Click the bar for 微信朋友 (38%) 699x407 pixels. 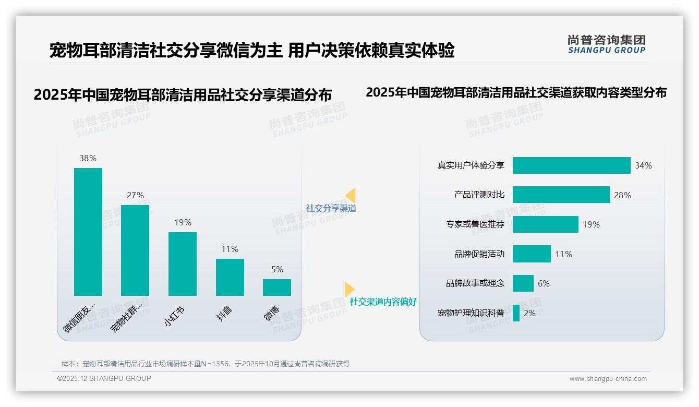point(88,232)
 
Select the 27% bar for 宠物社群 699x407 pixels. point(135,250)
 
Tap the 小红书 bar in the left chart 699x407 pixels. point(183,264)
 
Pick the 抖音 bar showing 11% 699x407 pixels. point(230,277)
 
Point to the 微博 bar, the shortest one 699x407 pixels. point(277,288)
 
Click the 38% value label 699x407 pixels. point(88,158)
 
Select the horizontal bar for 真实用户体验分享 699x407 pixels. point(571,165)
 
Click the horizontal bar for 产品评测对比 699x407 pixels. point(561,195)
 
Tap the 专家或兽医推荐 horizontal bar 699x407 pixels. point(545,224)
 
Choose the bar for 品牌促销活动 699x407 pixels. point(532,254)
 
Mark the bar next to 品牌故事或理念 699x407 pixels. point(523,283)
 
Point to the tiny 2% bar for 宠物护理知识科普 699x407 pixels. point(516,313)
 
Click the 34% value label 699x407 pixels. point(643,165)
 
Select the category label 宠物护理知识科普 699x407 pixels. point(471,313)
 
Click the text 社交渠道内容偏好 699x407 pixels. point(383,302)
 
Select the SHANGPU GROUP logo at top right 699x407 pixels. point(606,44)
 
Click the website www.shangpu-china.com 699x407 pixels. point(608,379)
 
